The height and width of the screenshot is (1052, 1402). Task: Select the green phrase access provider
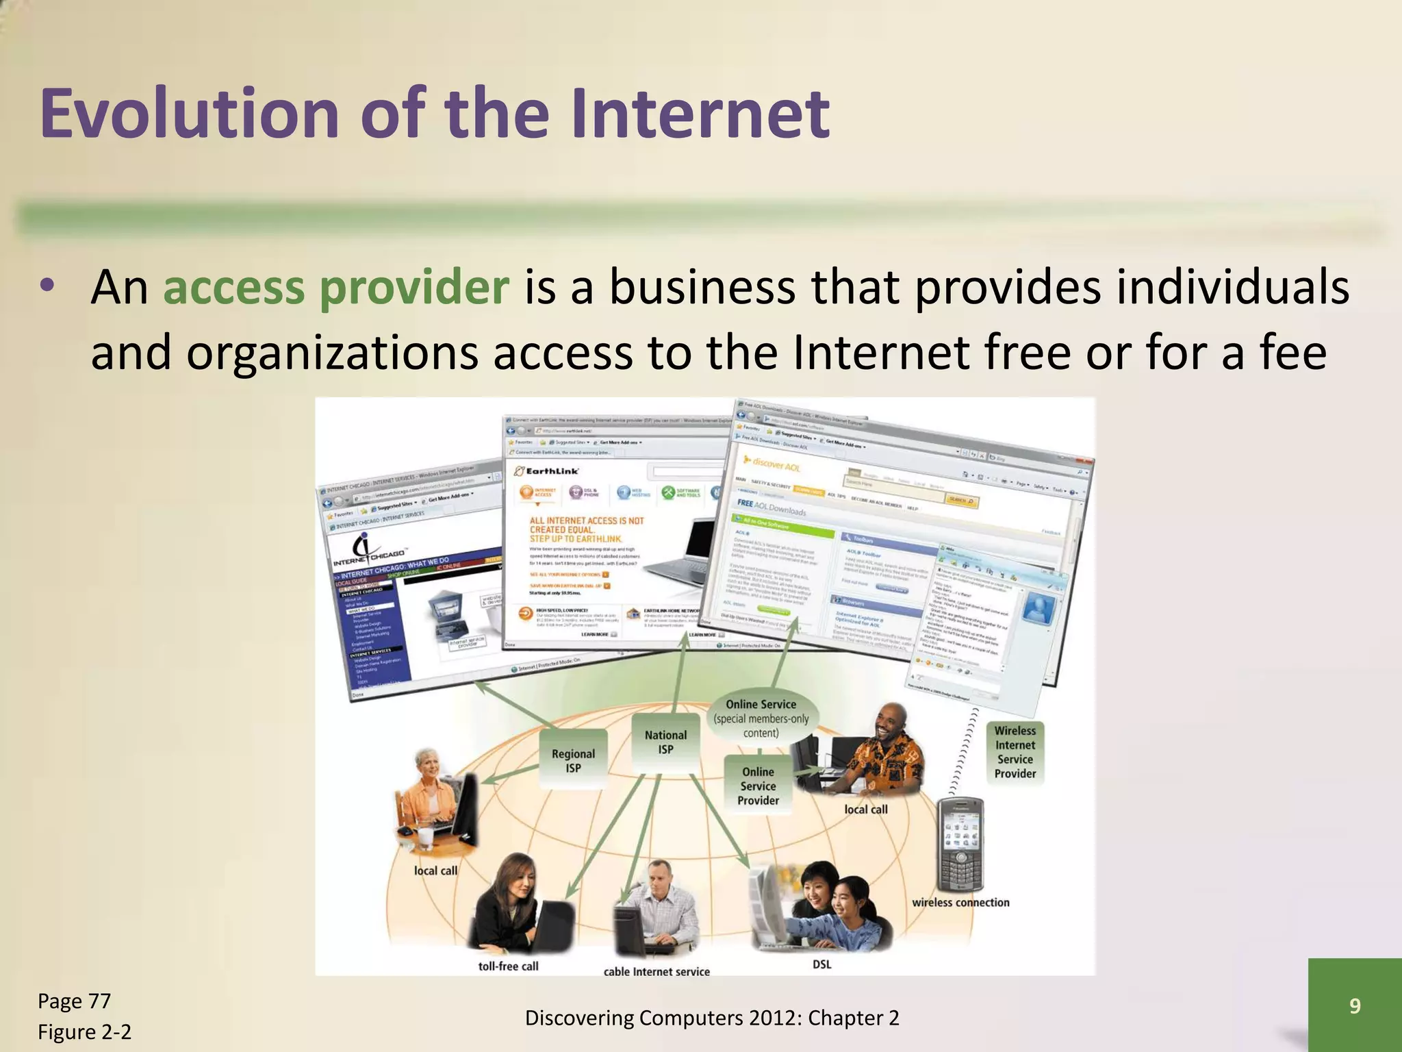335,287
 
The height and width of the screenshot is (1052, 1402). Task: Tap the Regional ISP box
573,761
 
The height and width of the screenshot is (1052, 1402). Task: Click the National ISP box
665,742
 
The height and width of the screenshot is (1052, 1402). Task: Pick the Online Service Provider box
758,786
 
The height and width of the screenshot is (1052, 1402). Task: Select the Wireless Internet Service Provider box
1015,752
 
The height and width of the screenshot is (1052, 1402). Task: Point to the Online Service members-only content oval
761,718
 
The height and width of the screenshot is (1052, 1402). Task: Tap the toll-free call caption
508,966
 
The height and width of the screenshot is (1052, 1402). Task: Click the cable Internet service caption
657,971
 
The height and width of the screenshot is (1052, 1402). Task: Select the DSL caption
821,964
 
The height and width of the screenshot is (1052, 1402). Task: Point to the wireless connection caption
960,903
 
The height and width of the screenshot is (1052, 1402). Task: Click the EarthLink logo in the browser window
546,471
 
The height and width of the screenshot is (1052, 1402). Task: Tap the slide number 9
1355,1005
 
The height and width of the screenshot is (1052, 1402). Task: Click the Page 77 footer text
74,1001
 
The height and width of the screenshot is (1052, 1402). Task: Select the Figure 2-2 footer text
84,1031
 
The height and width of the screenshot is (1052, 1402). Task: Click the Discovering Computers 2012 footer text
712,1018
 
